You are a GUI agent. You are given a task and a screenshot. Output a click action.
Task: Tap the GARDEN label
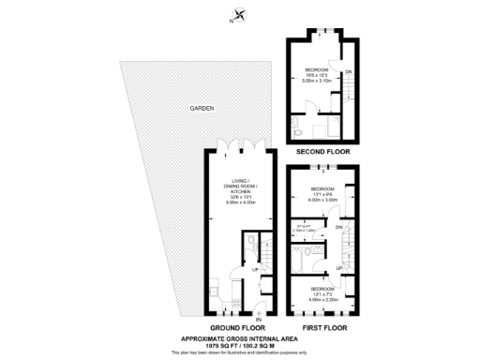(x=202, y=109)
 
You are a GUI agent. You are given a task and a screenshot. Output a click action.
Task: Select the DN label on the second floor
(x=350, y=72)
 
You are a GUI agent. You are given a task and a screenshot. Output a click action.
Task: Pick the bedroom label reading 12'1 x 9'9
(x=322, y=195)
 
